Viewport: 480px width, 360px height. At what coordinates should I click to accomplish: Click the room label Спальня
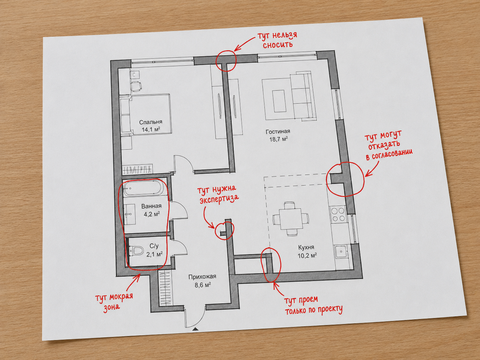coord(151,122)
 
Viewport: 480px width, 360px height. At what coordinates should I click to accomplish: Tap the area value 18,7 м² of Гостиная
coord(278,139)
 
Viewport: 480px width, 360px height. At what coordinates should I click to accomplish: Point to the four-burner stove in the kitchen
coord(338,214)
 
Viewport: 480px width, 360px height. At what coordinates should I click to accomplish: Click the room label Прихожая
coord(202,277)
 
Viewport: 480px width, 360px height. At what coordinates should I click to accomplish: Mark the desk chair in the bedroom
coord(136,86)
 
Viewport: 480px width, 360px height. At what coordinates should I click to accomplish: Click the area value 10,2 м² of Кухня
coord(308,255)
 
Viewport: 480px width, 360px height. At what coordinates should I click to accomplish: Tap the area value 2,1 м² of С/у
coord(155,254)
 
